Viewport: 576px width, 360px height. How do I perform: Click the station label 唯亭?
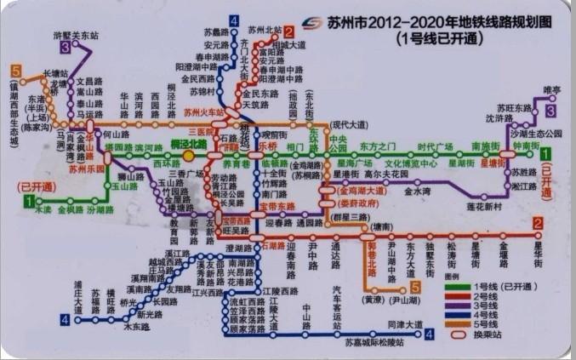click(551, 89)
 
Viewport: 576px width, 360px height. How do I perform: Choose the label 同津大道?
click(404, 324)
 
